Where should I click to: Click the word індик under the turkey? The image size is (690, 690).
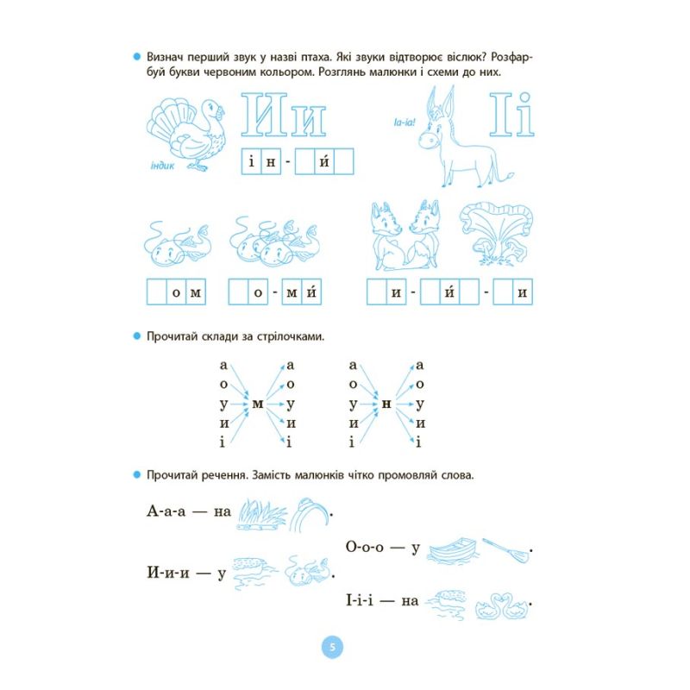162,166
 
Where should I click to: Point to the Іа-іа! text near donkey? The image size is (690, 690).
405,122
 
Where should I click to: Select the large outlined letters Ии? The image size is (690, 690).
284,115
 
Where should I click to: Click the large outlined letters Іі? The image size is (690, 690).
511,115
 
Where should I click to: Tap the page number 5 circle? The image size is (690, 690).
332,647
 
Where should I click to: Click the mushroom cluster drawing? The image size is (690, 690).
496,235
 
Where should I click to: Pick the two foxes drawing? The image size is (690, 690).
405,235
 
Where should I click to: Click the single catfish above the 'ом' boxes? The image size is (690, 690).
177,244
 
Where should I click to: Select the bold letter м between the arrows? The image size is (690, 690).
258,404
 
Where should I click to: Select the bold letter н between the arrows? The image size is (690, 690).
386,404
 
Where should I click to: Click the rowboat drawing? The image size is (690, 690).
453,550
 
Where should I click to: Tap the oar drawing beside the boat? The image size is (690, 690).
506,550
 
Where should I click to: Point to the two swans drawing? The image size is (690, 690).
502,606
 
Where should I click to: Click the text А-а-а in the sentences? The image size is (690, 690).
166,511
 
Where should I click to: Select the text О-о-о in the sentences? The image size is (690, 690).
365,547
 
